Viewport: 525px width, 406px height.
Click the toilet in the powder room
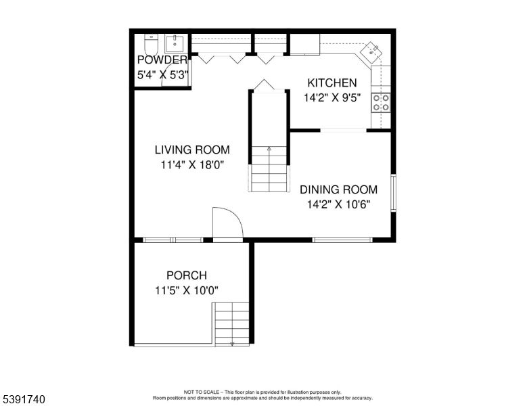(x=151, y=45)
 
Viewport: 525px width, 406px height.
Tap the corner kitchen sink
(x=373, y=53)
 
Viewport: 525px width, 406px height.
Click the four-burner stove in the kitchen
(x=381, y=102)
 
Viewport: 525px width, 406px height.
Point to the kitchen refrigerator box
(x=304, y=45)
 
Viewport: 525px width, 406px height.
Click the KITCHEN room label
(x=332, y=83)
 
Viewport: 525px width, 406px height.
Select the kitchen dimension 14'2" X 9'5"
(x=332, y=97)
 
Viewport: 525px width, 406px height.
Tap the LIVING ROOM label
(x=192, y=150)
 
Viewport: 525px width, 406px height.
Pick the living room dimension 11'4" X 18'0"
(x=191, y=164)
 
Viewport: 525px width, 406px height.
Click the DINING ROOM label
(x=338, y=189)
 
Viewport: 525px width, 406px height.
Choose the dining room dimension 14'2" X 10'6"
(x=338, y=204)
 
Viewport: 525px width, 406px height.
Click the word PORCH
(x=187, y=275)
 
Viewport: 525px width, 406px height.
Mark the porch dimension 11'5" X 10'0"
(x=187, y=290)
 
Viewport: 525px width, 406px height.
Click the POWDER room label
(x=162, y=60)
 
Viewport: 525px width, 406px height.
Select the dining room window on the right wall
(x=393, y=194)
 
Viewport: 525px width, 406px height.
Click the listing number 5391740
(x=23, y=400)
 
